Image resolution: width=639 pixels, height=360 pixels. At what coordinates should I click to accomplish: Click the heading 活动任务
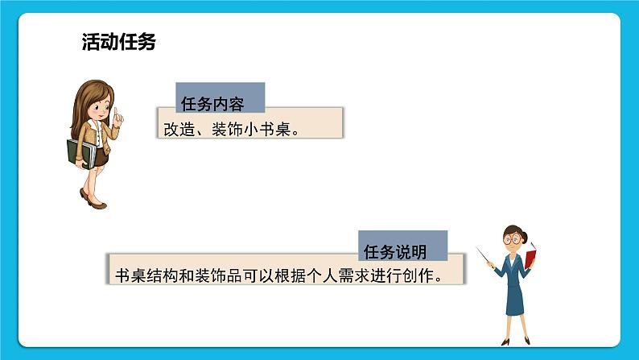click(118, 43)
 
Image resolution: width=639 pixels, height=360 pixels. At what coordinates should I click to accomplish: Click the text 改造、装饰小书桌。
click(232, 127)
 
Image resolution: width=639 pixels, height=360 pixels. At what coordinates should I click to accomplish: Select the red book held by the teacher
click(531, 257)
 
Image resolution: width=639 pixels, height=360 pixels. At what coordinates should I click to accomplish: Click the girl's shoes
click(92, 201)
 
